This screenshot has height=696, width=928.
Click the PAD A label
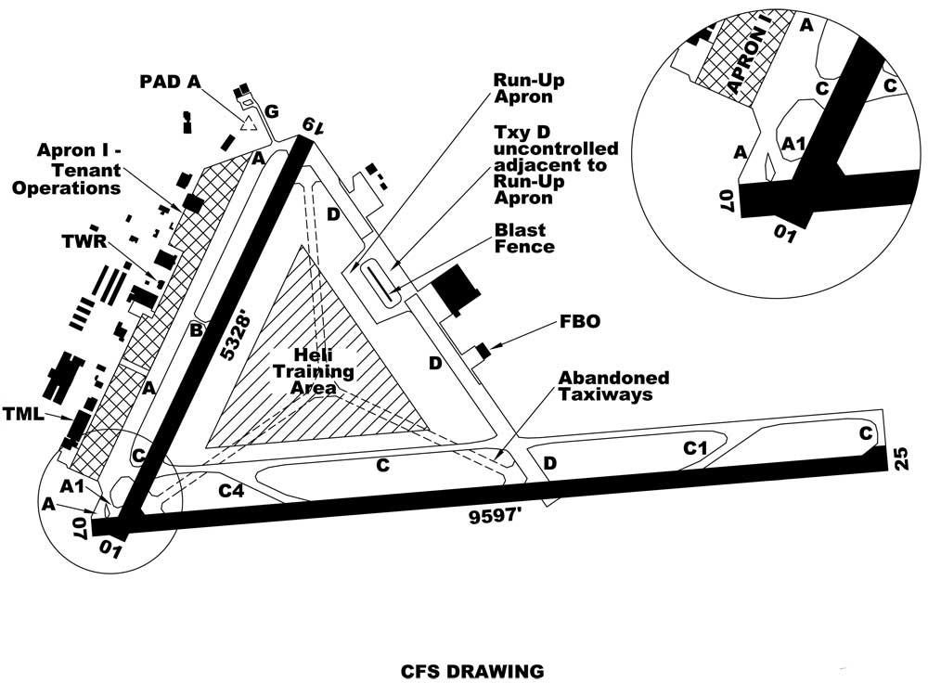[170, 82]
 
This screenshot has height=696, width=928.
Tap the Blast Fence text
[521, 238]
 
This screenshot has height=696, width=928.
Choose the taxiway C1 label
[696, 449]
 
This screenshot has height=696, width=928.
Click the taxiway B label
[196, 329]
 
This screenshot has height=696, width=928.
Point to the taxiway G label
[271, 112]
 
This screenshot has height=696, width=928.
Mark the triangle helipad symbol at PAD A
[248, 123]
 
